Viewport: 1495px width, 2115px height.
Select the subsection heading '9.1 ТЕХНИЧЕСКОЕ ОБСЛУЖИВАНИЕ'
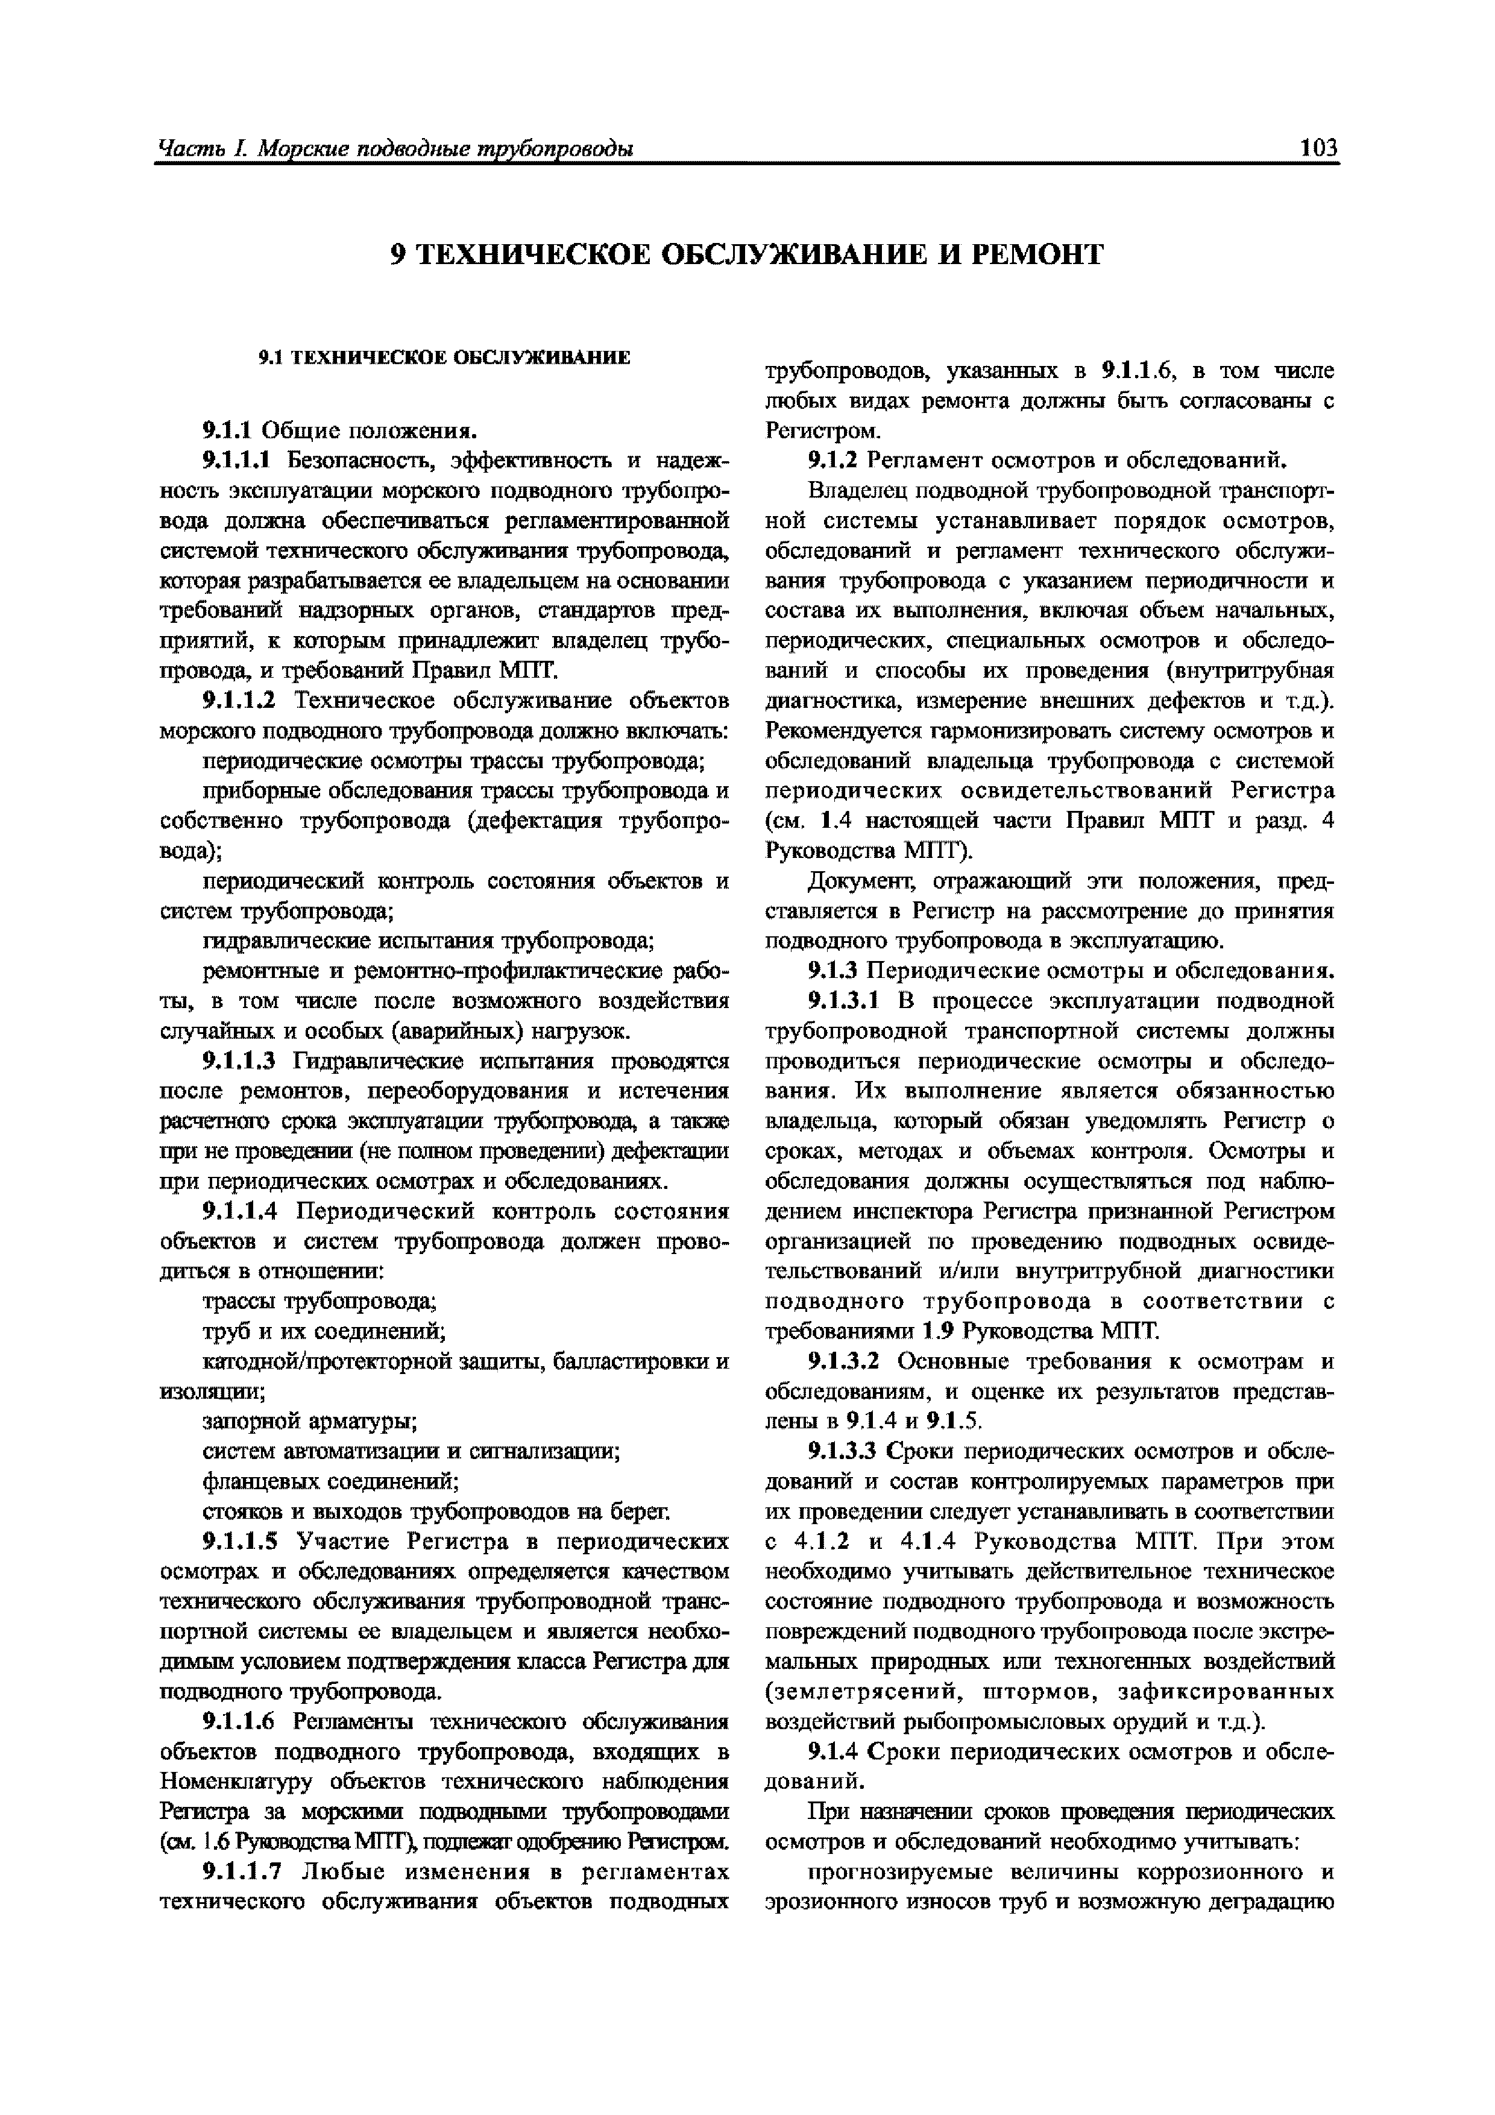pyautogui.click(x=444, y=358)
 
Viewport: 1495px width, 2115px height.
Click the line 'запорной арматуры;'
pyautogui.click(x=309, y=1422)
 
